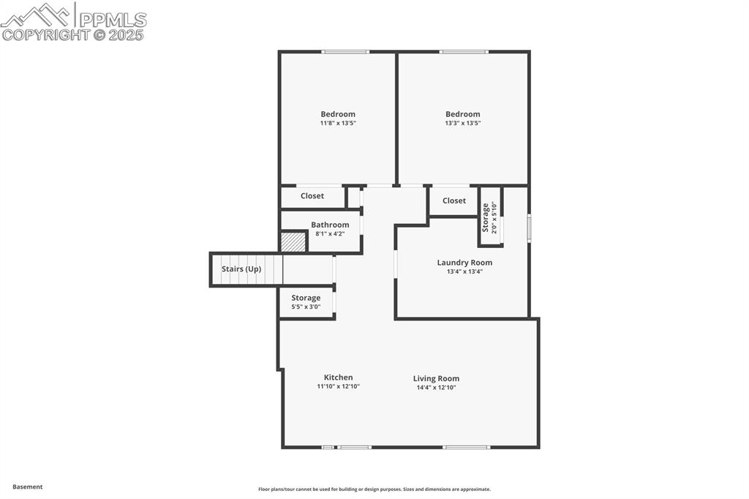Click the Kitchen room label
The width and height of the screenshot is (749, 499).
[x=338, y=378]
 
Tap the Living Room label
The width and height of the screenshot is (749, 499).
[x=436, y=378]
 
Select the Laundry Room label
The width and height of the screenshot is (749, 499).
[x=464, y=263]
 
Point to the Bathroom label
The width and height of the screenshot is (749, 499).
[x=330, y=225]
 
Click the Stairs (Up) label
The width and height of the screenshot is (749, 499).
[x=241, y=269]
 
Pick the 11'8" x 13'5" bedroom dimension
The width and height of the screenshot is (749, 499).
[x=338, y=124]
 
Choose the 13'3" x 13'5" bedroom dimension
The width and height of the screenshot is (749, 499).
[x=463, y=124]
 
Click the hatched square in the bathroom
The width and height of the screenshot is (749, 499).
[x=293, y=242]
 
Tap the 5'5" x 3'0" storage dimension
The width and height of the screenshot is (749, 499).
[x=306, y=307]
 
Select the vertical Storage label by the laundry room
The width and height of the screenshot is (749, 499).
[x=486, y=217]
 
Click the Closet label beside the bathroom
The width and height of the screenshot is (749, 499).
[x=312, y=196]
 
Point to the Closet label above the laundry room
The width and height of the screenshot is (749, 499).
[x=453, y=200]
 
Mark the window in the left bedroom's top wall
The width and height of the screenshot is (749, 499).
[x=345, y=52]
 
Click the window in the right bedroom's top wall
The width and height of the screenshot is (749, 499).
[x=464, y=52]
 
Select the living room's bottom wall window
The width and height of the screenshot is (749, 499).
[x=466, y=447]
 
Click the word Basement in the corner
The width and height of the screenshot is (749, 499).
[x=28, y=487]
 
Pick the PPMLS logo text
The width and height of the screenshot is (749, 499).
[x=113, y=20]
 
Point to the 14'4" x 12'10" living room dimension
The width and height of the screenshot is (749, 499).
[x=436, y=388]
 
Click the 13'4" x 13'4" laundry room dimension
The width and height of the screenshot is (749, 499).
[x=464, y=272]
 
